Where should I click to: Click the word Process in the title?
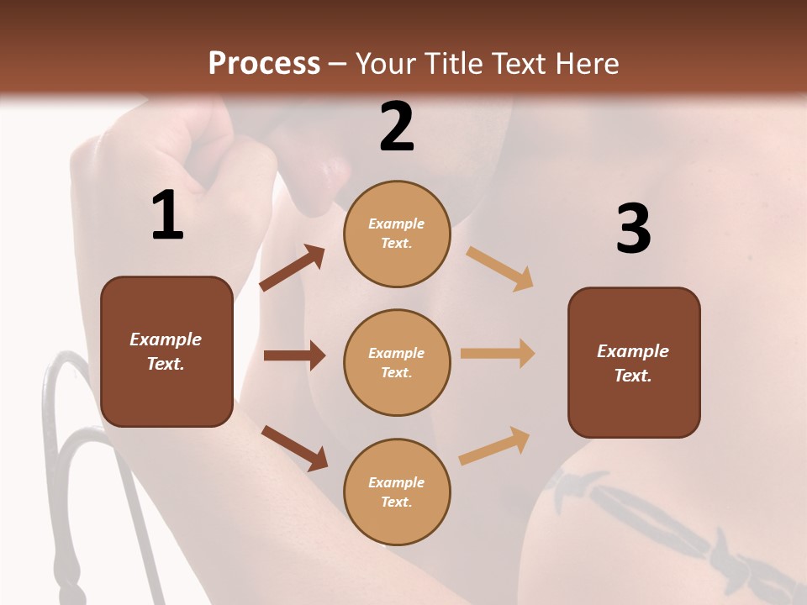coord(264,63)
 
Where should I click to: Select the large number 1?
coord(167,216)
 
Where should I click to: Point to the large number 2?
coord(397,127)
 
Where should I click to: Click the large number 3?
coord(633,229)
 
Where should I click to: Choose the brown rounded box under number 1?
coord(166,351)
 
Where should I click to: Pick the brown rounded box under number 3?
coord(634,362)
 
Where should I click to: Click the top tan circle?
coord(397,234)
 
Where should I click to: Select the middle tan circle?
coord(397,362)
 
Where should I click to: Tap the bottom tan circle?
coord(397,492)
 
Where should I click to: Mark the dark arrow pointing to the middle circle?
coord(294,355)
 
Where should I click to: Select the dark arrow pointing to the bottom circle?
coord(294,447)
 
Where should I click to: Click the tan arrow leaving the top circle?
coord(500,268)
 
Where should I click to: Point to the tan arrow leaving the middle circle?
coord(498,354)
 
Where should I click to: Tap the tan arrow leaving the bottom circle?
coord(494,445)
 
